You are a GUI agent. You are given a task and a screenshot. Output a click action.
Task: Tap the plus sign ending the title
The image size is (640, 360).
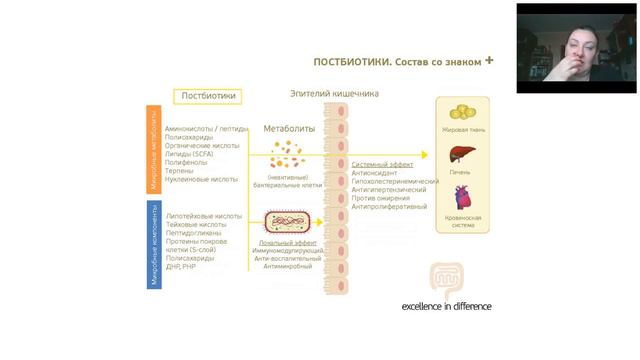[489, 60]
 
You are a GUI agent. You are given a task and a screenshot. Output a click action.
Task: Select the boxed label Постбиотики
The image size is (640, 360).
[208, 96]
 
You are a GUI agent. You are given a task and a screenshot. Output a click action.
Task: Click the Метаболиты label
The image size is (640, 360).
[289, 129]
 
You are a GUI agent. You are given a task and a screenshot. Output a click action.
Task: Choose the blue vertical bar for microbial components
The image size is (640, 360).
[154, 244]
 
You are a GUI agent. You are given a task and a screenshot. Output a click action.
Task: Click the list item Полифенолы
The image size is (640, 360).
[187, 162]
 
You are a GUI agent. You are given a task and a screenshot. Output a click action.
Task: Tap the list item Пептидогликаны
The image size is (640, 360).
[196, 232]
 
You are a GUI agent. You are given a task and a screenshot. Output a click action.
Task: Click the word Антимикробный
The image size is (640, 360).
[287, 266]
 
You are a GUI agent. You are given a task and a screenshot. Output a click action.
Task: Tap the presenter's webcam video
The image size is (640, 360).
[576, 48]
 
